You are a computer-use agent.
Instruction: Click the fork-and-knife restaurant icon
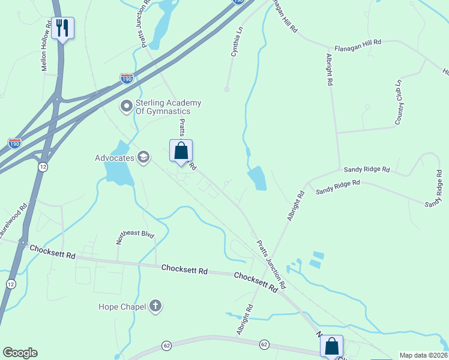[x=62, y=28]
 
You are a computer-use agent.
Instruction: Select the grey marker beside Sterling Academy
[x=126, y=107]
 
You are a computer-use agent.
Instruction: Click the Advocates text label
[x=114, y=158]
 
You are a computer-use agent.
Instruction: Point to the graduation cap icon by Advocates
[x=143, y=158]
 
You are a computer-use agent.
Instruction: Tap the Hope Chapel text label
[x=122, y=307]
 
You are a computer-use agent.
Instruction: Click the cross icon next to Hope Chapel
[x=155, y=307]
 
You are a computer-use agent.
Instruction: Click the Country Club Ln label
[x=397, y=102]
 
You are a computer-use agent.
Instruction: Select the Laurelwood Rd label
[x=13, y=221]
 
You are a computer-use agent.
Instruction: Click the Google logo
[x=20, y=353]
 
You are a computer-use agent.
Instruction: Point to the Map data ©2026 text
[x=423, y=355]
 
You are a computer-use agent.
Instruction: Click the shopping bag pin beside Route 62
[x=331, y=346]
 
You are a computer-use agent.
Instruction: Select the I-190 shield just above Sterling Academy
[x=127, y=78]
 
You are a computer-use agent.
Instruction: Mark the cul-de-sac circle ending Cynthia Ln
[x=226, y=89]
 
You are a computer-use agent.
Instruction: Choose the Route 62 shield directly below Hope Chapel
[x=166, y=346]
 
